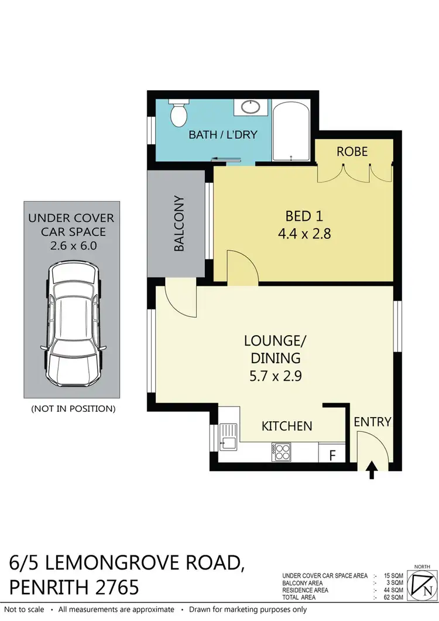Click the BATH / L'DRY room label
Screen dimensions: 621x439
tap(223, 135)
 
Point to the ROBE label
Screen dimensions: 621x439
tap(352, 152)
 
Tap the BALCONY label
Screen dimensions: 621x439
tap(179, 224)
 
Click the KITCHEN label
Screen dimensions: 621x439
tap(287, 426)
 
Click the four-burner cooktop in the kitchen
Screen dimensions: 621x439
tap(282, 452)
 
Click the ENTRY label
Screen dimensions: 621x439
tap(373, 421)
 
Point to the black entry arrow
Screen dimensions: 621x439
tap(371, 470)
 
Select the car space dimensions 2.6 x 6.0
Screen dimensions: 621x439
tap(73, 246)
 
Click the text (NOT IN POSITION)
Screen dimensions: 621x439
tap(73, 408)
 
